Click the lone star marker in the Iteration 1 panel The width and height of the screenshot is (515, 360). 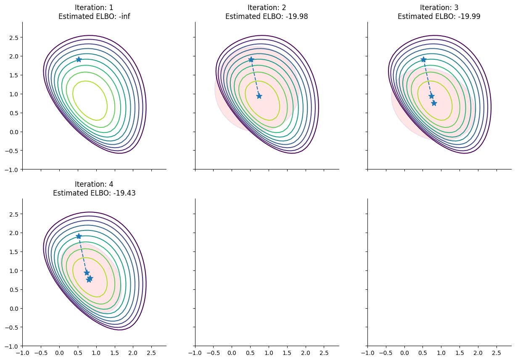click(x=79, y=59)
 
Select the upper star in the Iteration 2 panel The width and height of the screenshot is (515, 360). click(x=251, y=59)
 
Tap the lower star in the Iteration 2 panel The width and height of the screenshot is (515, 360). click(x=259, y=96)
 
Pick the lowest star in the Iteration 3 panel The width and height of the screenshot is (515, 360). click(x=434, y=103)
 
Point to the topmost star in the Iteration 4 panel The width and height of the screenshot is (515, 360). click(x=79, y=236)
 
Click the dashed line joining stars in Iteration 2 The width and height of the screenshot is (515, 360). click(x=255, y=77)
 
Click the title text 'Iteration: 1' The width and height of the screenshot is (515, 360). click(x=94, y=8)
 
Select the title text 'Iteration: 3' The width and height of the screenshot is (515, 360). click(x=439, y=8)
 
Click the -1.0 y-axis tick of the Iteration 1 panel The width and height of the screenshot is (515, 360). click(x=13, y=169)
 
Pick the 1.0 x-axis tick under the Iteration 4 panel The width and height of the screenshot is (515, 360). click(x=96, y=352)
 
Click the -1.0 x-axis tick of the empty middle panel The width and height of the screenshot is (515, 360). click(x=195, y=352)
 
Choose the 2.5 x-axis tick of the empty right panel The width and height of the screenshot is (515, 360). click(x=497, y=352)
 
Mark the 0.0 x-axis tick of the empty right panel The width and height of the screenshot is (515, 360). click(x=404, y=352)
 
